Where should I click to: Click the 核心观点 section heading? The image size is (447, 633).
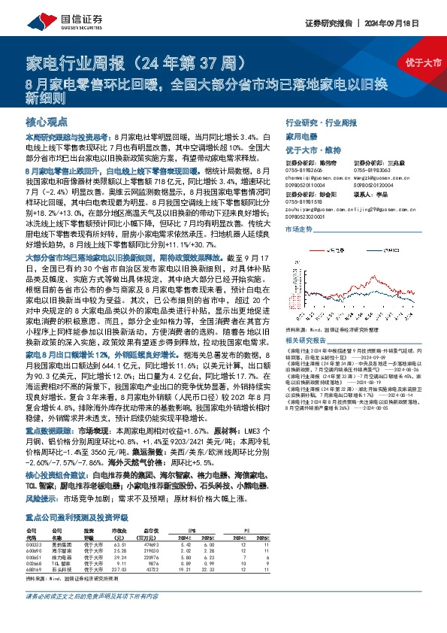click(45, 120)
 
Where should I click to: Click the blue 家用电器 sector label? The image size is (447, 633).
click(302, 138)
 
